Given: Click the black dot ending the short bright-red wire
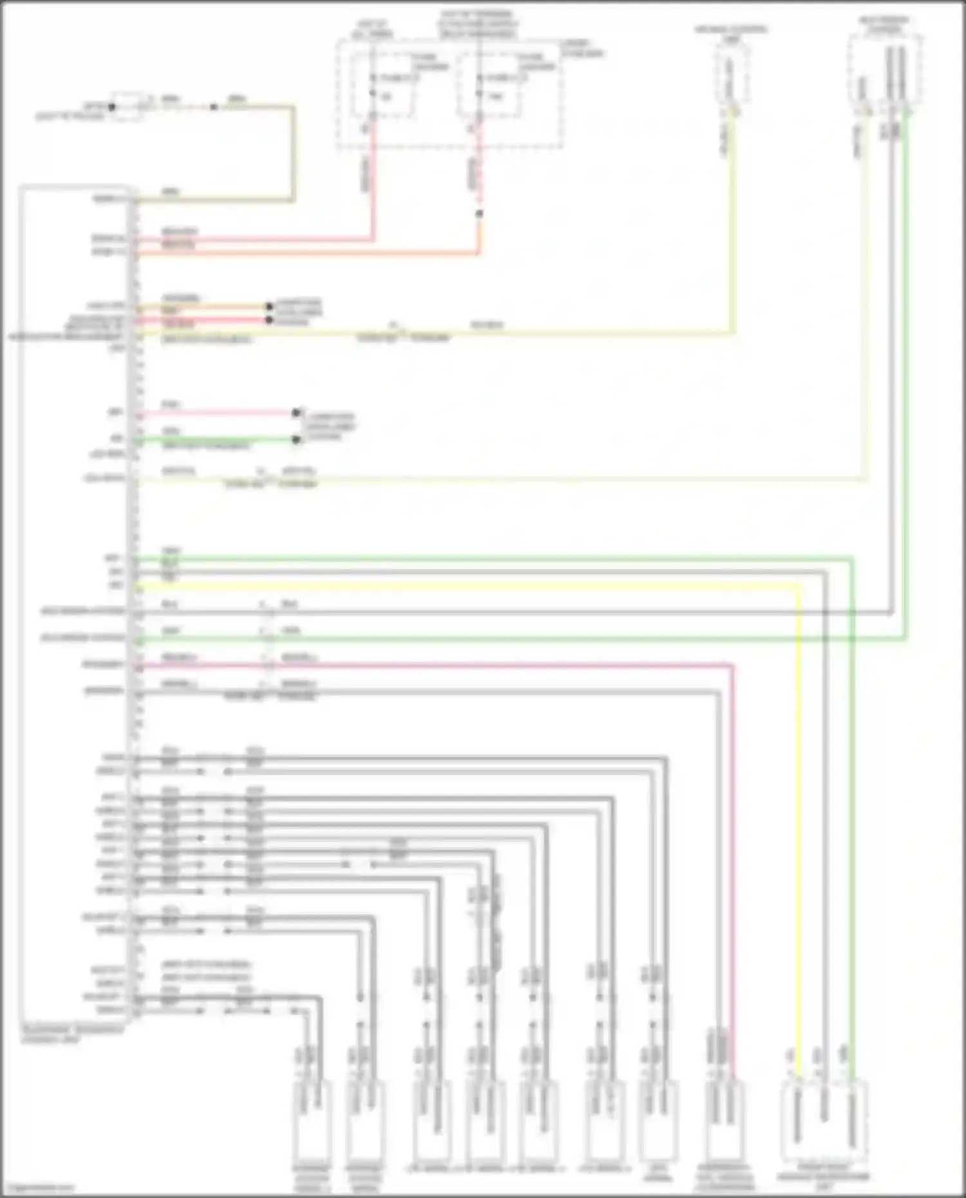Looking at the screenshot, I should click(x=269, y=320).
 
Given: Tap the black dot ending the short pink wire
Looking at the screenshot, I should click(x=296, y=413).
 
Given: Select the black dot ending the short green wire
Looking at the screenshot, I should click(x=296, y=440).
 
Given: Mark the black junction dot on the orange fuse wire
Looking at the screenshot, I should click(x=478, y=214).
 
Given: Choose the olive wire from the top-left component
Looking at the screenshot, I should click(x=293, y=154).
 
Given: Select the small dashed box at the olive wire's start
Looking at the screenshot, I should click(x=126, y=107).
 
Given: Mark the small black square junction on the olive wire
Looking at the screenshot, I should click(x=213, y=107).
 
